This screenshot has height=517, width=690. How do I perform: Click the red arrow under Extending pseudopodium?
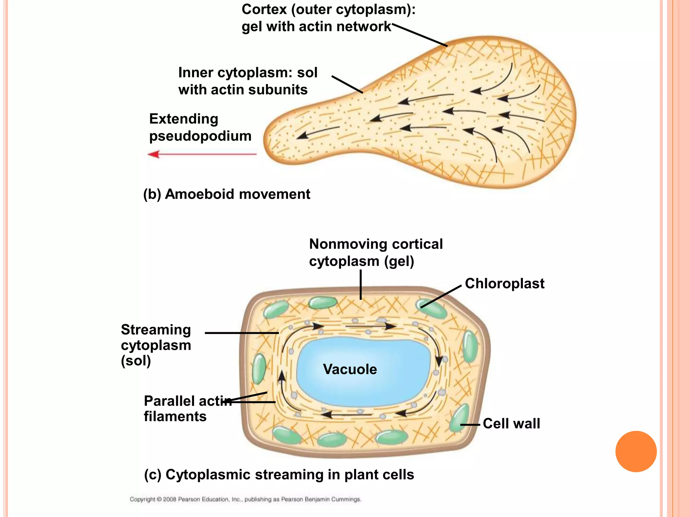[x=202, y=154]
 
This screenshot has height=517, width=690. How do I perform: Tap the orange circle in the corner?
[x=636, y=451]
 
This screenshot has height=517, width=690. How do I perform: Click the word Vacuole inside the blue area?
[x=350, y=369]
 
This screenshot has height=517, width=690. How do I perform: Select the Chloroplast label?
[x=504, y=284]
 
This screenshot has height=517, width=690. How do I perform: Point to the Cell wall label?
[x=511, y=423]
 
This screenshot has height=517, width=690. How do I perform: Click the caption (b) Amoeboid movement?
[x=227, y=194]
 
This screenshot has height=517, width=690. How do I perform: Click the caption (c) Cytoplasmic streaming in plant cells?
[x=279, y=475]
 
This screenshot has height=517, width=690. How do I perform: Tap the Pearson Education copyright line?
[x=245, y=499]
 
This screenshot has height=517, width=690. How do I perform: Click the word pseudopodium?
[x=200, y=136]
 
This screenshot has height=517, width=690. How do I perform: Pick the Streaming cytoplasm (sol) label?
[x=156, y=345]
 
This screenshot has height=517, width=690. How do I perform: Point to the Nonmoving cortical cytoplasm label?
[x=376, y=252]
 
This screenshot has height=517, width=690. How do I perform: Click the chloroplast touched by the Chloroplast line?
[x=432, y=309]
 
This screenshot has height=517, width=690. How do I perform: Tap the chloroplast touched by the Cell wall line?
[x=460, y=419]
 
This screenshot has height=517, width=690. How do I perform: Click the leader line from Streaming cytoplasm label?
[x=242, y=333]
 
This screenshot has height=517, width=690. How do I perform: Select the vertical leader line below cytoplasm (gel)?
[x=360, y=284]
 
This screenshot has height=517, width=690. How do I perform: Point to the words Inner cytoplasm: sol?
[x=248, y=73]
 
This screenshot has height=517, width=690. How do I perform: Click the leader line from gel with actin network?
[x=419, y=35]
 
